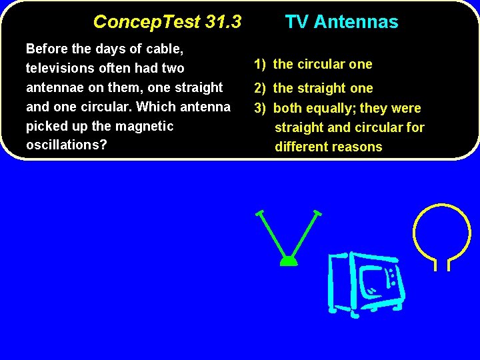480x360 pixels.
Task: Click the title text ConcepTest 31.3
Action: pyautogui.click(x=167, y=22)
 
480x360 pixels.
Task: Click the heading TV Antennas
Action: pyautogui.click(x=341, y=22)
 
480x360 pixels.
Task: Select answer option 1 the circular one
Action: pyautogui.click(x=313, y=65)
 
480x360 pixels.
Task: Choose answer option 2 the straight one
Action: pyautogui.click(x=313, y=88)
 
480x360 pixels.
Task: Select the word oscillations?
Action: pyautogui.click(x=66, y=145)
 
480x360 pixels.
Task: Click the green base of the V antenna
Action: pyautogui.click(x=288, y=261)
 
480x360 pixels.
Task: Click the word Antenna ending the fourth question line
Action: pyautogui.click(x=207, y=107)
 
